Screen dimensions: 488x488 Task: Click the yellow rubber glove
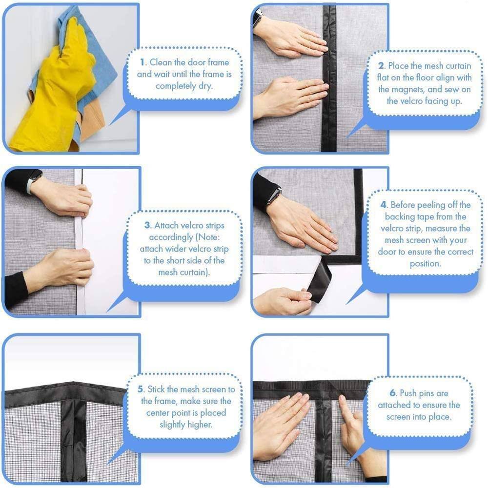click(x=54, y=93)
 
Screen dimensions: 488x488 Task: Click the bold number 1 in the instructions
click(x=142, y=62)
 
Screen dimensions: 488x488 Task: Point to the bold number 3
click(x=147, y=225)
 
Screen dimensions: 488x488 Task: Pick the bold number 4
click(x=383, y=205)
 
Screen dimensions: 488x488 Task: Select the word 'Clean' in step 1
click(x=160, y=62)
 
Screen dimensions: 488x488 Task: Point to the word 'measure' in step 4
click(x=456, y=229)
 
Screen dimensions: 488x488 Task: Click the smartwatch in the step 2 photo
click(x=257, y=18)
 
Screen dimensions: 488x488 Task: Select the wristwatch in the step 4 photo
click(x=274, y=196)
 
